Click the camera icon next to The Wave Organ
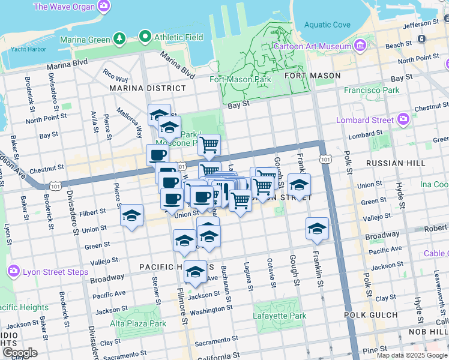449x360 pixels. click(x=104, y=7)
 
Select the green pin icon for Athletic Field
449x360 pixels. click(x=145, y=38)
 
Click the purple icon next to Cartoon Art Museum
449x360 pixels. click(x=360, y=46)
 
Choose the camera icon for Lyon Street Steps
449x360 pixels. click(x=14, y=271)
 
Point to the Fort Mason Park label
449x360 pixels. click(x=240, y=79)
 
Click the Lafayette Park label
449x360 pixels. click(x=280, y=316)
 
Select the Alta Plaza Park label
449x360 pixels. click(x=137, y=323)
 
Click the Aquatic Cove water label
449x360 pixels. click(x=327, y=25)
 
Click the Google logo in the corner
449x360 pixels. click(x=20, y=353)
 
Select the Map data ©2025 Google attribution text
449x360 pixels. click(x=411, y=355)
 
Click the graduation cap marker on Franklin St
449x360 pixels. click(x=317, y=228)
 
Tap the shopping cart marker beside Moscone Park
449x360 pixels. click(x=209, y=144)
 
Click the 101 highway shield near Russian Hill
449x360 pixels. click(x=325, y=159)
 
